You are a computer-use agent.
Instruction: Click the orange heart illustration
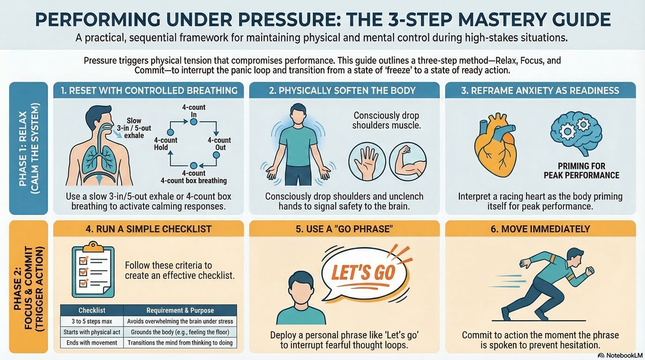(495, 143)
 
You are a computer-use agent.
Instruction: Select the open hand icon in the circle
(367, 162)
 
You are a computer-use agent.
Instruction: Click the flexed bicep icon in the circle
(408, 161)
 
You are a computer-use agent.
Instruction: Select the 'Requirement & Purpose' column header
(180, 310)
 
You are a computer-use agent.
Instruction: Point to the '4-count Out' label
(219, 144)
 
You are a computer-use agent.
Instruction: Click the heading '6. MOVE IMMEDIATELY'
(540, 229)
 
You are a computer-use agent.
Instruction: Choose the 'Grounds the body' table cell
(180, 332)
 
